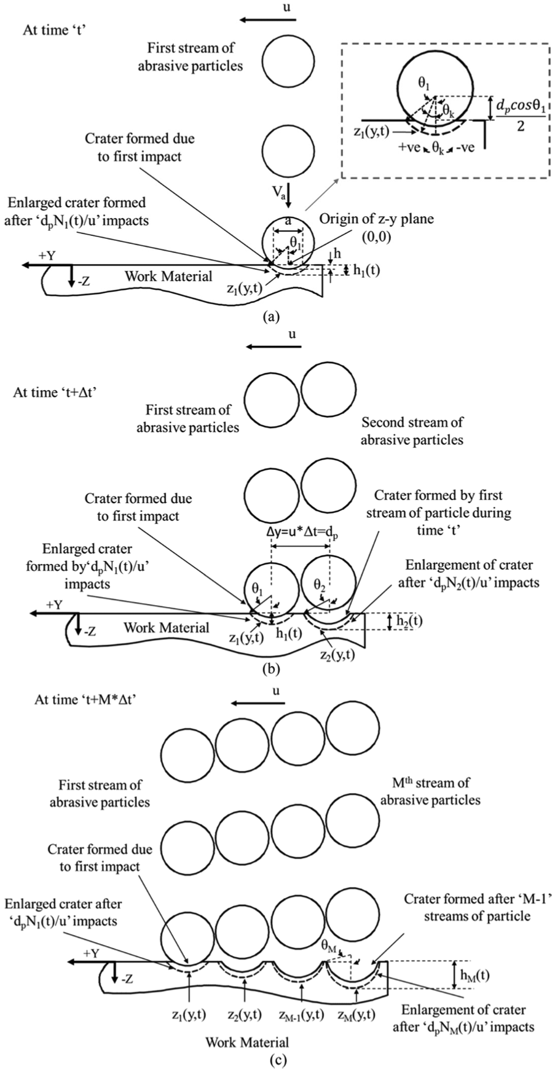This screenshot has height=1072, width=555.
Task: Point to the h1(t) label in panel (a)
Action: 363,268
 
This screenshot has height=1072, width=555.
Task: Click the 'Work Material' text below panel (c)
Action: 247,1042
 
